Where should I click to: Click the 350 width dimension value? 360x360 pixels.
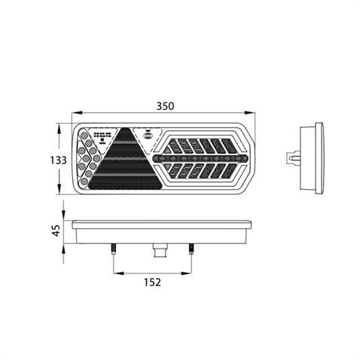click(x=165, y=106)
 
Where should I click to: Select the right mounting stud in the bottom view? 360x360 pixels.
click(x=191, y=249)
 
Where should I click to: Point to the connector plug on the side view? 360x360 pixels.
click(x=293, y=159)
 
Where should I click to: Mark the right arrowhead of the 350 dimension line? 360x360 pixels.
click(x=253, y=115)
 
